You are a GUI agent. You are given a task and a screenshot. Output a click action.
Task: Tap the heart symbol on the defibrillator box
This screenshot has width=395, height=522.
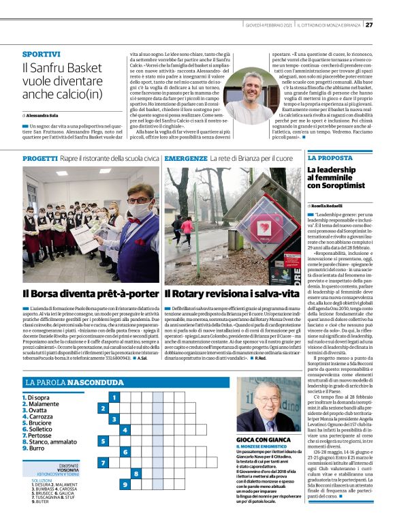click(264, 227)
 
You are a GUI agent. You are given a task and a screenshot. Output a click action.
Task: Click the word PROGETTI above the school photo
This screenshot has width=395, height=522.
click(39, 158)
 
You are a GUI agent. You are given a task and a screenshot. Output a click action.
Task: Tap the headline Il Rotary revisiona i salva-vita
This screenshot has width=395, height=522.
click(232, 294)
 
